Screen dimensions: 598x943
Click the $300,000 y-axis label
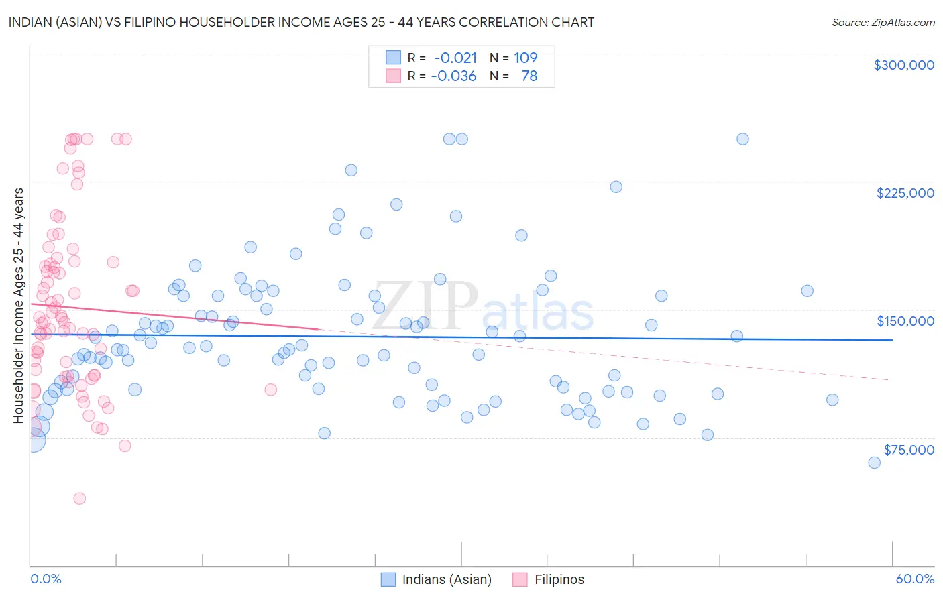coord(903,65)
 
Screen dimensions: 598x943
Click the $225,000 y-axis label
coord(905,193)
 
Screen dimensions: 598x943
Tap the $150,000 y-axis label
coord(905,321)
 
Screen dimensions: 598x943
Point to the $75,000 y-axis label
coord(908,450)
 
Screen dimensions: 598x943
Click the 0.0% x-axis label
coord(46,579)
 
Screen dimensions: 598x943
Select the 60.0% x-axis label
coord(915,579)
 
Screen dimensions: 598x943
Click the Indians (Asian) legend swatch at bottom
coord(388,579)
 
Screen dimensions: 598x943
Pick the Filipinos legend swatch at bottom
coord(520,579)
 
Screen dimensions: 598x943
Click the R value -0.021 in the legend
coord(455,58)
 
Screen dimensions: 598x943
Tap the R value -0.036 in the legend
coord(453,76)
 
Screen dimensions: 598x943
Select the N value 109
coord(526,58)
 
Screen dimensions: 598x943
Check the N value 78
coord(529,76)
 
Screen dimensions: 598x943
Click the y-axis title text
coord(18,306)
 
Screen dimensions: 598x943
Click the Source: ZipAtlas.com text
coord(883,23)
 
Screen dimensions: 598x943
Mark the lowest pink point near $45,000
coord(79,498)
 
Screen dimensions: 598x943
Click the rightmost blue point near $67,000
coord(874,463)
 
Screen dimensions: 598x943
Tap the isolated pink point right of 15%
coord(271,390)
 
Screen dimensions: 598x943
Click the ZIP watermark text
coord(425,306)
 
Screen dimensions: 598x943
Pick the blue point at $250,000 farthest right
coord(742,139)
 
